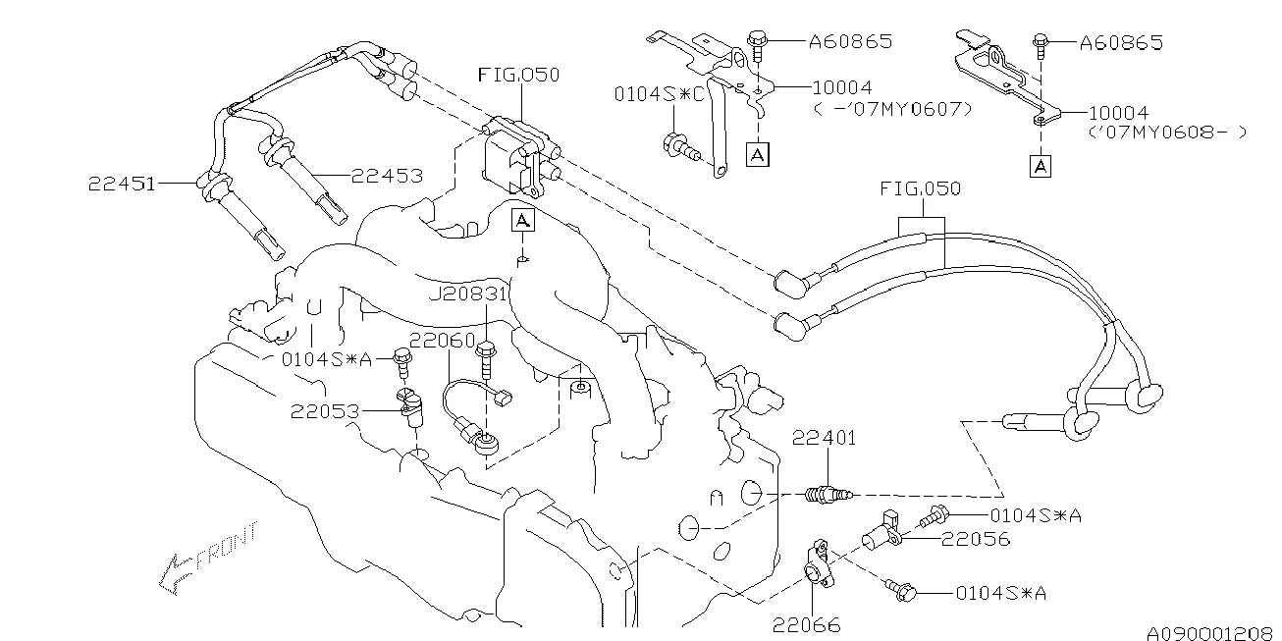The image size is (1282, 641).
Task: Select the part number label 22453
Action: point(388,176)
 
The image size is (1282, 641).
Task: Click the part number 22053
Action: point(324,411)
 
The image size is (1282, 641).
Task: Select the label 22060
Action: point(442,340)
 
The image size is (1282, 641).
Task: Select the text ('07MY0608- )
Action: point(1167,132)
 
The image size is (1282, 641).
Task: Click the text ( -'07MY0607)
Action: point(894,108)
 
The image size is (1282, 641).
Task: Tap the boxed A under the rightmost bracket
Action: point(1041,167)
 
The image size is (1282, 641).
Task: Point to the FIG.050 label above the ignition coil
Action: point(518,75)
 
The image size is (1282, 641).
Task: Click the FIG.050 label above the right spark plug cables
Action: point(920,187)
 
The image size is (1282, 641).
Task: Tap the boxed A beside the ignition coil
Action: point(523,220)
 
